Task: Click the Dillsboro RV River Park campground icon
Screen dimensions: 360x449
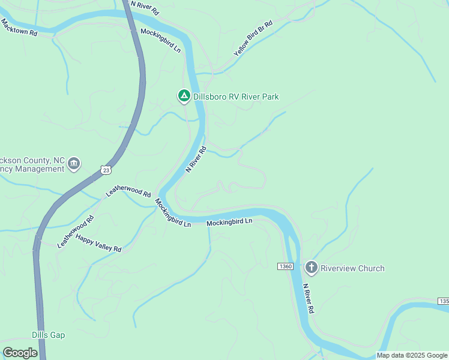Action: coord(184,95)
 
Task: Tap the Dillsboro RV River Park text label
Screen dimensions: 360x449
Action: coord(236,97)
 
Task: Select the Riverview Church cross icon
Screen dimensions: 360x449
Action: coord(311,268)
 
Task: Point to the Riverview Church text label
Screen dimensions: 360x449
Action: coord(352,268)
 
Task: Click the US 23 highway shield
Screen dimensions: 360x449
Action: coord(106,170)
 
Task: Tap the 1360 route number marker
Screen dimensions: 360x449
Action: coord(285,266)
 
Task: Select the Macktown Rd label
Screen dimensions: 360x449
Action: coord(19,28)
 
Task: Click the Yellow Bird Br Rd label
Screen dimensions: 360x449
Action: coord(253,38)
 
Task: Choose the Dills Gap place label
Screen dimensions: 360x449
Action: coord(48,335)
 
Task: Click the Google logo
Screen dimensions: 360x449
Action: coord(20,353)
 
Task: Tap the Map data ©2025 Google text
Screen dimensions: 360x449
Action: coord(412,355)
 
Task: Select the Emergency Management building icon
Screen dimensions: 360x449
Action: coord(74,163)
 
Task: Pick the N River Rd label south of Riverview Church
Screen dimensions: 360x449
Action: coord(309,298)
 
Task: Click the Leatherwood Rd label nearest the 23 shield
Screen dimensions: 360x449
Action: coord(128,191)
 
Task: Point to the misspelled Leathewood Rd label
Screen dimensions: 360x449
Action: coord(76,232)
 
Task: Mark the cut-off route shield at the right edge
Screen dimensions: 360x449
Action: coord(444,301)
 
